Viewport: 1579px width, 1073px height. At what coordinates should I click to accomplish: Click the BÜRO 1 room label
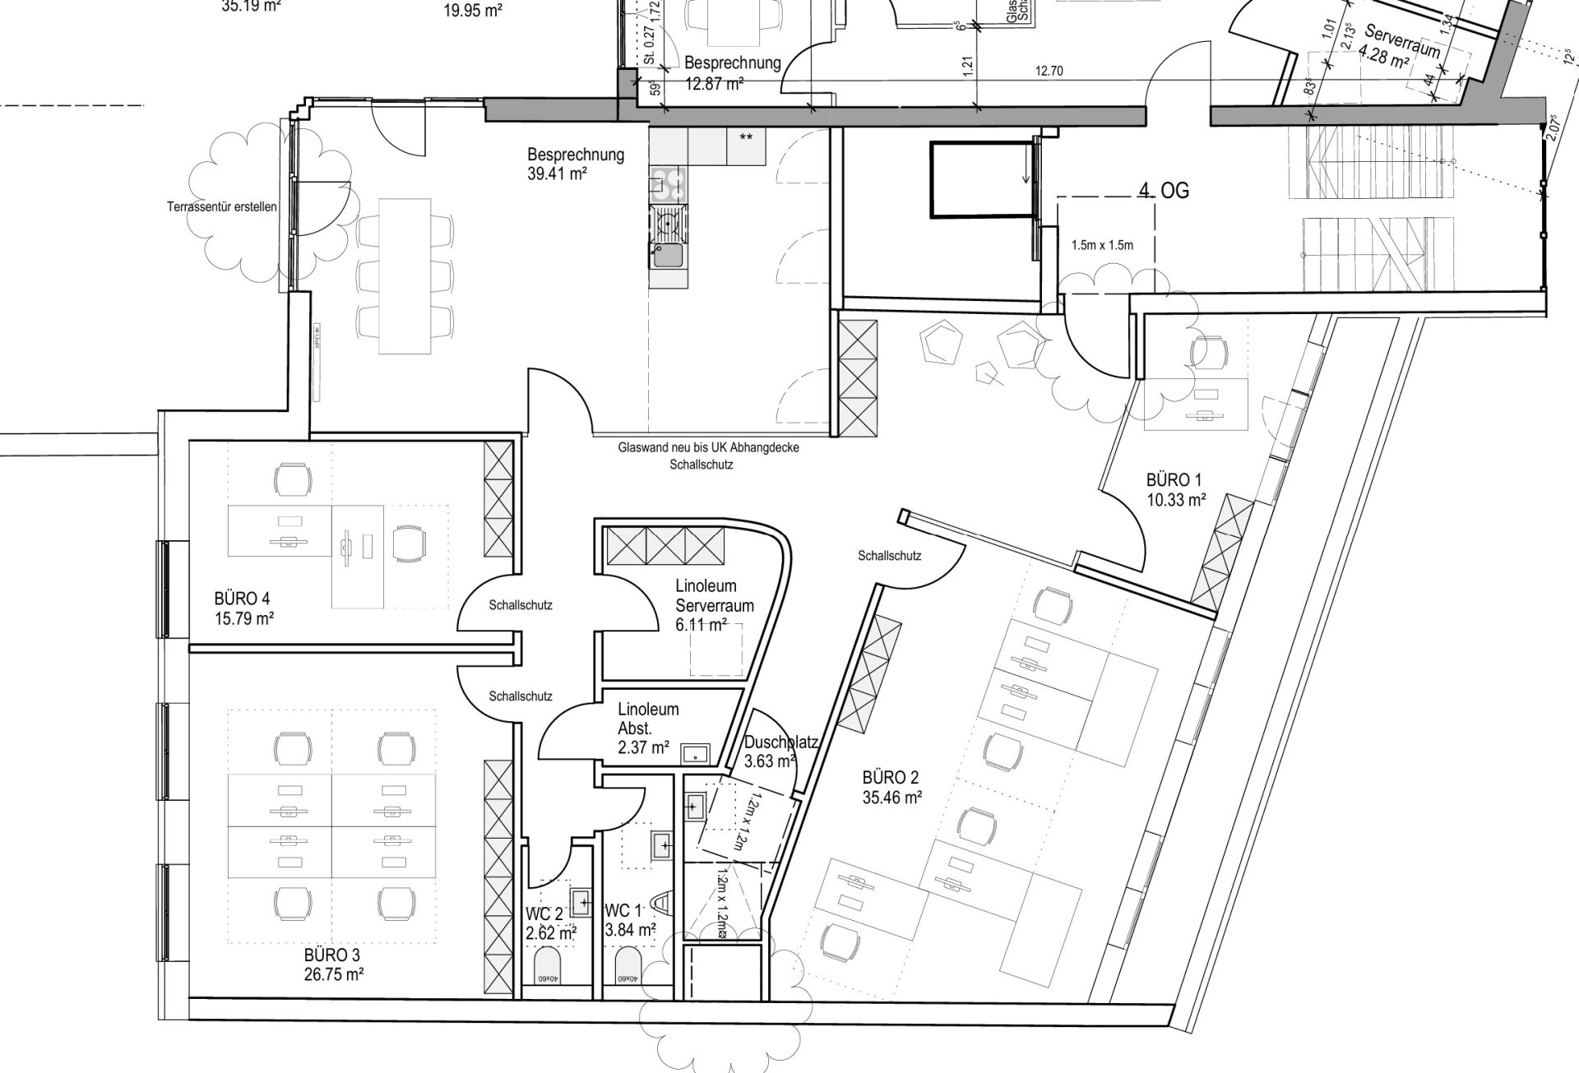click(1168, 480)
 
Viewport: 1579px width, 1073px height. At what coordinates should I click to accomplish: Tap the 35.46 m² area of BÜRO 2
click(891, 796)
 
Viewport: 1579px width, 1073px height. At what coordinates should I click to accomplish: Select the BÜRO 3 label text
click(331, 955)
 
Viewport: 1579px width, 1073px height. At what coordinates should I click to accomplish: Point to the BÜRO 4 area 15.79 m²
click(244, 617)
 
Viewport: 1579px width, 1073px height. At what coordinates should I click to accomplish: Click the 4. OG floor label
click(1164, 190)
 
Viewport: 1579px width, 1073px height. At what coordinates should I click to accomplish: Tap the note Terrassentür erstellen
click(221, 206)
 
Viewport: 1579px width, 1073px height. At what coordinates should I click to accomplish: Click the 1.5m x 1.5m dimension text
click(1102, 245)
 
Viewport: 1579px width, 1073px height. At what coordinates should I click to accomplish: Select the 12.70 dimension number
click(1049, 72)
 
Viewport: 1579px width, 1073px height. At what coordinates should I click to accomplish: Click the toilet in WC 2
click(547, 965)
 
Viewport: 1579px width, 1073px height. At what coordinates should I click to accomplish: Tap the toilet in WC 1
click(627, 965)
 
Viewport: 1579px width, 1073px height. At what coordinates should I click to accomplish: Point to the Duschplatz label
click(780, 742)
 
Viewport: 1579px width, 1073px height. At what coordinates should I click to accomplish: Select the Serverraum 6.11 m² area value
click(701, 625)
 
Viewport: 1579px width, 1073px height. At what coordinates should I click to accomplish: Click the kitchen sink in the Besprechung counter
click(667, 256)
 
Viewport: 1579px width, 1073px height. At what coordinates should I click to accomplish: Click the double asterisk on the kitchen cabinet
click(746, 137)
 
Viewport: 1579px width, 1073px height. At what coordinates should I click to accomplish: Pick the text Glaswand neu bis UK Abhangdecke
click(708, 448)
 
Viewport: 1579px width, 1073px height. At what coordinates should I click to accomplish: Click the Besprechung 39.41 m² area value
click(556, 173)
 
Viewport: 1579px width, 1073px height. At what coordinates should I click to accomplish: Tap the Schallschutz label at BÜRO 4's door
click(521, 605)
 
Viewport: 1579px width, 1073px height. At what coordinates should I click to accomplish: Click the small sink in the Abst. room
click(696, 752)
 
